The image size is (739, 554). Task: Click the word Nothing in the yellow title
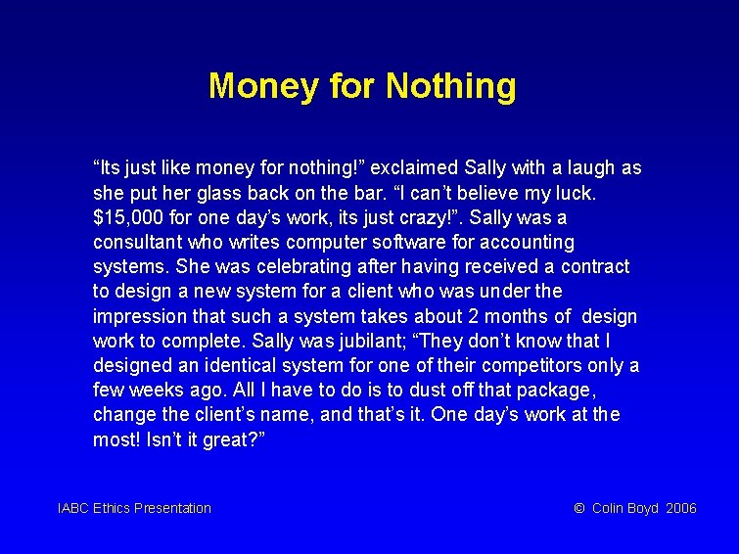(x=450, y=86)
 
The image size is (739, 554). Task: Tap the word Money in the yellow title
(x=263, y=86)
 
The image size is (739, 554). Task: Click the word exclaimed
(x=411, y=167)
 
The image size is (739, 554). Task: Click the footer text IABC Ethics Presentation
(x=135, y=508)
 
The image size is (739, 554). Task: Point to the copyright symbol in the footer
(x=579, y=508)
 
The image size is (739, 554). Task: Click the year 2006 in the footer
(x=681, y=508)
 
